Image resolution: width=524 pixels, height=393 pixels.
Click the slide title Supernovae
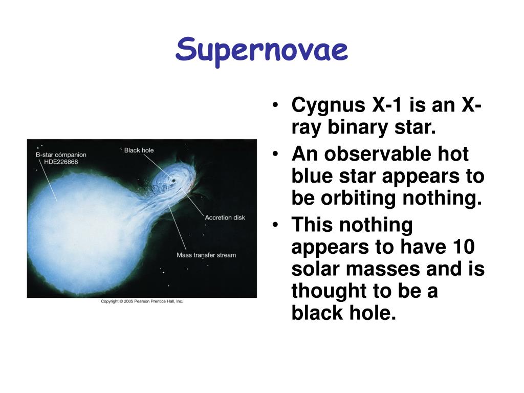click(261, 51)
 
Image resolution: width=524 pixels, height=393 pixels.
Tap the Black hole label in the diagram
click(139, 150)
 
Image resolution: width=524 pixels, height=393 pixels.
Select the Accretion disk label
click(225, 217)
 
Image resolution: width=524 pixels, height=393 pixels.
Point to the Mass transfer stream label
click(206, 255)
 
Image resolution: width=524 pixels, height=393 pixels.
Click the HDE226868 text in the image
click(61, 162)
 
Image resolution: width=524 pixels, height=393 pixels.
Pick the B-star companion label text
click(61, 155)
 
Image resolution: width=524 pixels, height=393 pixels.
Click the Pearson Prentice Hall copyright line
click(142, 301)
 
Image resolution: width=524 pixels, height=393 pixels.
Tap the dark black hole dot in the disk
click(173, 181)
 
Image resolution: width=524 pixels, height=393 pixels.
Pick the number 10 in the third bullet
click(464, 247)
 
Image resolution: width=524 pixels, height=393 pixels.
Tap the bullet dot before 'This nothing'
click(275, 225)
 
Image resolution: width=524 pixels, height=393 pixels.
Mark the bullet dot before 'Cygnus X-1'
click(275, 105)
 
